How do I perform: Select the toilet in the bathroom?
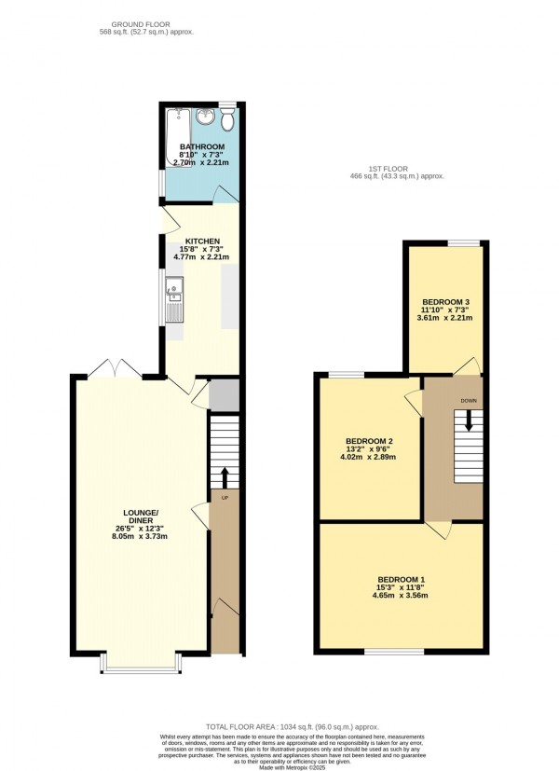point(227,119)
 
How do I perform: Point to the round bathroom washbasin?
point(206,117)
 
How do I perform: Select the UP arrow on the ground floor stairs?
point(224,475)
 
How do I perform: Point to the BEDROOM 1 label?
point(402,580)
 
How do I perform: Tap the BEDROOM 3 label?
point(446,302)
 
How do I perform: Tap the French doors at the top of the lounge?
point(115,370)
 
